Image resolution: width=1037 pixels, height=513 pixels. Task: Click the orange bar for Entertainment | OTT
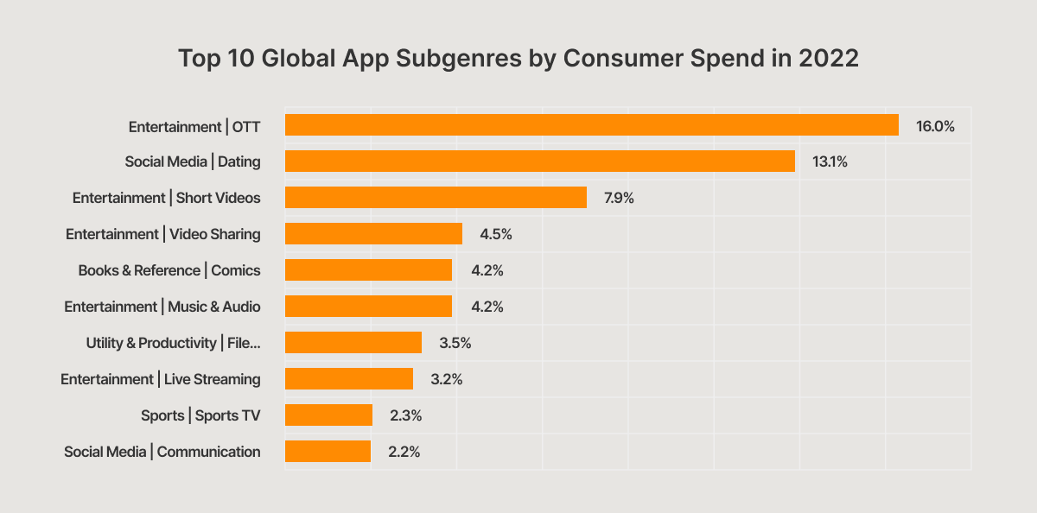tap(591, 125)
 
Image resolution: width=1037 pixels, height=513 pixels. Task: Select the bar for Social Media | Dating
tap(539, 161)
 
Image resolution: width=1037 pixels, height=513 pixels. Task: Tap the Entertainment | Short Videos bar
tap(436, 198)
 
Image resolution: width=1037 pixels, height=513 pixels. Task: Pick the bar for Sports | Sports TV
tap(328, 415)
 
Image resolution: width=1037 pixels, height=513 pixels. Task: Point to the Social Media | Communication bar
tap(328, 452)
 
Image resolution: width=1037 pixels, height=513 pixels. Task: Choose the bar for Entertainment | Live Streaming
tap(348, 379)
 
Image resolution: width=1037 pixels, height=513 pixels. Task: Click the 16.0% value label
tap(935, 126)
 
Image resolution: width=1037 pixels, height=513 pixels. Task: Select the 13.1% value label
tap(830, 162)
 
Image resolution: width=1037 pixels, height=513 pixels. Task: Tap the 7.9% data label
tap(619, 198)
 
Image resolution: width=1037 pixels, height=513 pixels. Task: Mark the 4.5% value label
tap(496, 234)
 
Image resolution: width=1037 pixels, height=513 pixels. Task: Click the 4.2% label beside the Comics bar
tap(487, 270)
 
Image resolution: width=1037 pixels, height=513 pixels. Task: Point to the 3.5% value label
tap(455, 343)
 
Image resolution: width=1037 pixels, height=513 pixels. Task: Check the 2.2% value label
tap(404, 452)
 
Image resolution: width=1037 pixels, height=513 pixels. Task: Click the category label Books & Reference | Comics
tap(169, 270)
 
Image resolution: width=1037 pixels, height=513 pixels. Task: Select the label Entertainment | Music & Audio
tap(162, 307)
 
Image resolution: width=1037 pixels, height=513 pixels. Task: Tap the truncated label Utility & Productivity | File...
tap(173, 343)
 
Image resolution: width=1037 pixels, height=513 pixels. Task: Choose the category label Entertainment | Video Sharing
tap(163, 234)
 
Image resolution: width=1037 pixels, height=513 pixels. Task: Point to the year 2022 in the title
tap(830, 59)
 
